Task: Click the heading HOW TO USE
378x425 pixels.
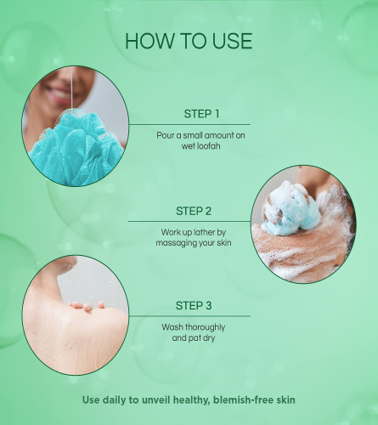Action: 189,41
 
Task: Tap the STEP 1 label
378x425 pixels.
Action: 201,114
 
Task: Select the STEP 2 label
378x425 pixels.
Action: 194,211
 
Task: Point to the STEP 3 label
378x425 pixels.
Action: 194,306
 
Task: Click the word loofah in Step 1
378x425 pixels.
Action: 209,146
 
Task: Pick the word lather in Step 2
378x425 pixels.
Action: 204,232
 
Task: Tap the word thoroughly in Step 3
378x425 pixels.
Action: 205,327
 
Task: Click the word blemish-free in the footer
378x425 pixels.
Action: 243,399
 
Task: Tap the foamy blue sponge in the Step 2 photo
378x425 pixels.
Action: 291,210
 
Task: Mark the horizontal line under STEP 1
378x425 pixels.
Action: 189,124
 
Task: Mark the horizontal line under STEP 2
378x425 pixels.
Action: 189,221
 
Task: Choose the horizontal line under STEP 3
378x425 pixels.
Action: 189,316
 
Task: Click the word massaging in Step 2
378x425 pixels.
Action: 174,243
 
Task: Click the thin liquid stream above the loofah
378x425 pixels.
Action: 71,88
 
